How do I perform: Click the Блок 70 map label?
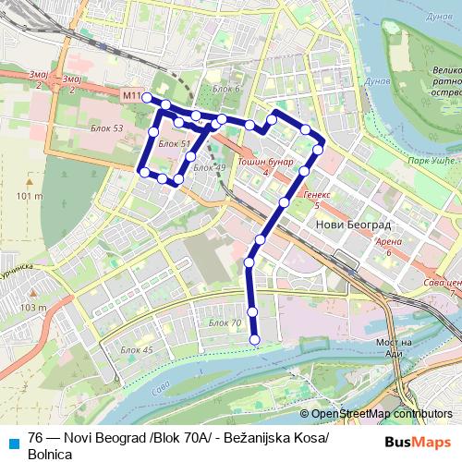coord(225,322)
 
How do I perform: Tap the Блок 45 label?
coord(136,350)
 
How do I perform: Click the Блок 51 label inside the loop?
coord(174,144)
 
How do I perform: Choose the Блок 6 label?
coord(225,89)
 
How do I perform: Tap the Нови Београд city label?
coord(353,225)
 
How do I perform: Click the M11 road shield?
coord(131,96)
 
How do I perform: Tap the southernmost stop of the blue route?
coord(255,340)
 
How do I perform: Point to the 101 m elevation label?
coord(30,196)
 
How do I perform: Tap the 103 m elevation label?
coord(32,308)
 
